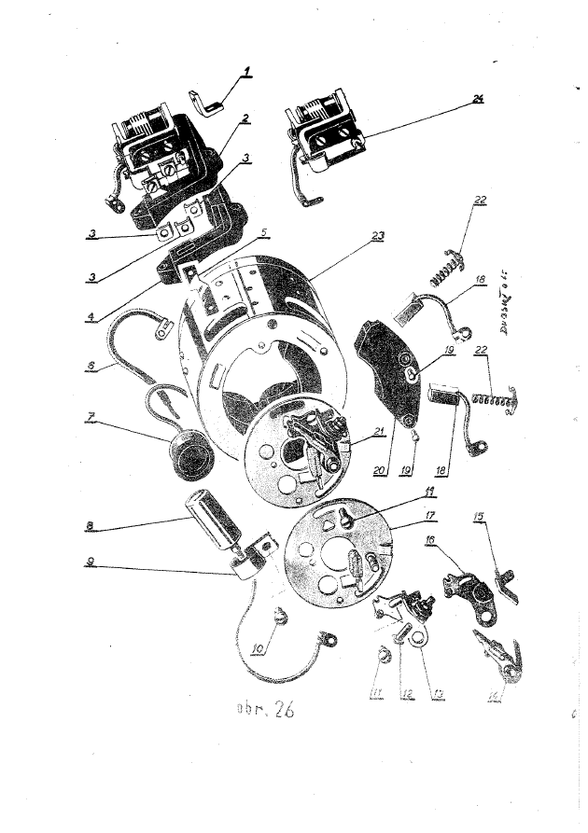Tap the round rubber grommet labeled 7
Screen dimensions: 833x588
[x=189, y=457]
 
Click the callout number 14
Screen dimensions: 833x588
[x=493, y=695]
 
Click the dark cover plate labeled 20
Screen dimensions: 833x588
[x=385, y=368]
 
